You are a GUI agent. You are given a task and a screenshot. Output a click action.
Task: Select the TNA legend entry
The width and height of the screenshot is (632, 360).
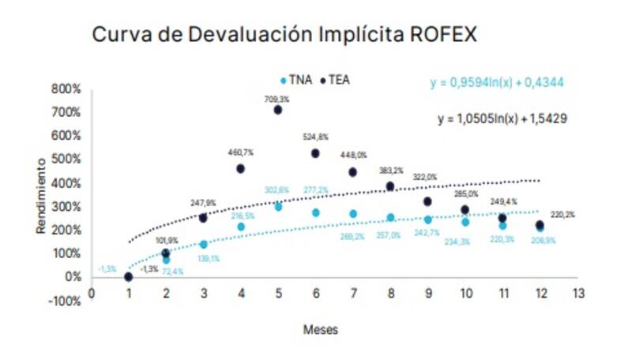pos(297,80)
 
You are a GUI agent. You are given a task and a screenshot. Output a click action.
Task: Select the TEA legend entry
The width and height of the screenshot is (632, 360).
pos(336,80)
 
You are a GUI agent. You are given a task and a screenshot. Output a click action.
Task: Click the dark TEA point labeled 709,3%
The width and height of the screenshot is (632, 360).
pos(278,110)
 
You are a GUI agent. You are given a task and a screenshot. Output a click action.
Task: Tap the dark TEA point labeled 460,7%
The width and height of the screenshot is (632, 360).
pos(240,169)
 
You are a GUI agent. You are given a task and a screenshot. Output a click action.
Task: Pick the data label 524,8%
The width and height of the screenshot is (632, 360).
pos(315,137)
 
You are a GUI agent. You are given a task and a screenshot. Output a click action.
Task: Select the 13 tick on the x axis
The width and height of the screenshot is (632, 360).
pos(578,293)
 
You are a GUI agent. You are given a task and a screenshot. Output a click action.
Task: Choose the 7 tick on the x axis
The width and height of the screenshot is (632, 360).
pos(353,293)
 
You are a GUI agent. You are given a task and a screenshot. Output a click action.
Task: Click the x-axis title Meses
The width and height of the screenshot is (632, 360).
pos(321,330)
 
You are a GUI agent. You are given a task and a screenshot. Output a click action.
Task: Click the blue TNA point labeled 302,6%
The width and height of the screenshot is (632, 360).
pos(278,207)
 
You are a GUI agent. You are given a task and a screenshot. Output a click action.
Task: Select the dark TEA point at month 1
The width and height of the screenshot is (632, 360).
pos(128,276)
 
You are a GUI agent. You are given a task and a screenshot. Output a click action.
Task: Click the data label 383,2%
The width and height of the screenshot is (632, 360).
pos(390,171)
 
